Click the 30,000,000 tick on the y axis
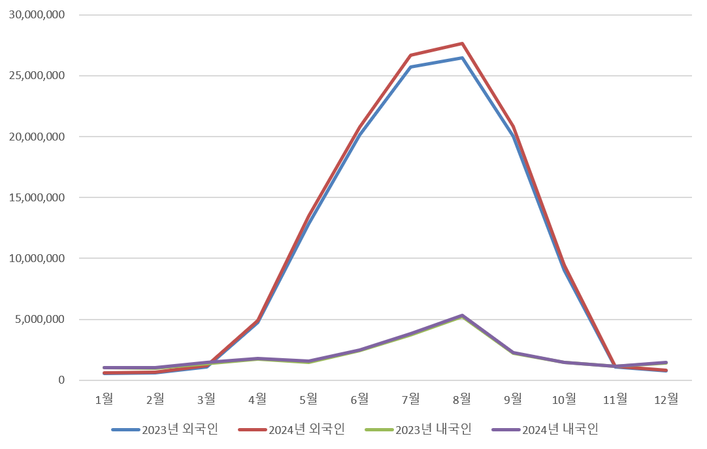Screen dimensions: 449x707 (x=37, y=14)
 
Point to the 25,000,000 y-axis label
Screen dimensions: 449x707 (x=37, y=76)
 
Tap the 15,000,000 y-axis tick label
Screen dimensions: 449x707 (x=37, y=197)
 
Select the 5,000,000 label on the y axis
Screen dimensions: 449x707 (x=40, y=320)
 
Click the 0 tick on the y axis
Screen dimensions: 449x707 (x=61, y=380)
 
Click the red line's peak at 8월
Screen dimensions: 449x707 (x=462, y=44)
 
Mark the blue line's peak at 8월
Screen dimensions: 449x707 (x=462, y=58)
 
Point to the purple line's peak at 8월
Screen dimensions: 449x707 (x=462, y=316)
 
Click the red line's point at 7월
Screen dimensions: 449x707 (x=411, y=56)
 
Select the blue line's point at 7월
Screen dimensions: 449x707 (x=411, y=67)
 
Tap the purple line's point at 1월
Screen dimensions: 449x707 (x=104, y=368)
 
